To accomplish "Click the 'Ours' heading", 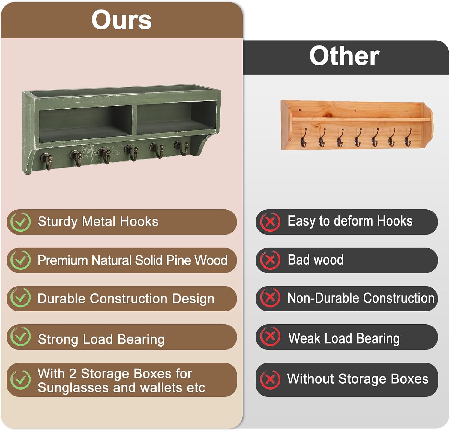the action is (121, 20).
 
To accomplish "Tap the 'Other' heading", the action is (344, 56).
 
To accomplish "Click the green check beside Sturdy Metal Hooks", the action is (20, 222).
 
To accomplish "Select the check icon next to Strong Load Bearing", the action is (20, 337).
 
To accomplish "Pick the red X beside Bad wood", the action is (270, 260).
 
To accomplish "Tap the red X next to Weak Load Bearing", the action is (270, 337).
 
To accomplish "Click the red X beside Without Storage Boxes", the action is (270, 380).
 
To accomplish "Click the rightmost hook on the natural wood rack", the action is (408, 137).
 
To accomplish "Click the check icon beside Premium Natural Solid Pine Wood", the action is (20, 260).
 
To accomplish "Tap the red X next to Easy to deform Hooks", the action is (270, 222).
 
